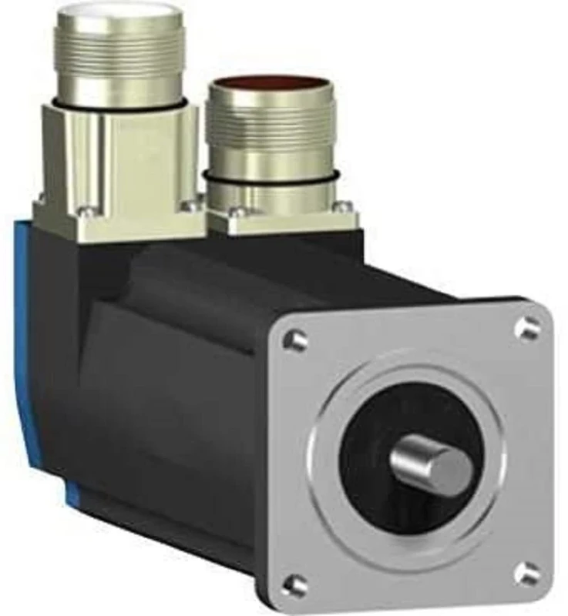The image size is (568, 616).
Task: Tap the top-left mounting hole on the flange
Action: tap(295, 339)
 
